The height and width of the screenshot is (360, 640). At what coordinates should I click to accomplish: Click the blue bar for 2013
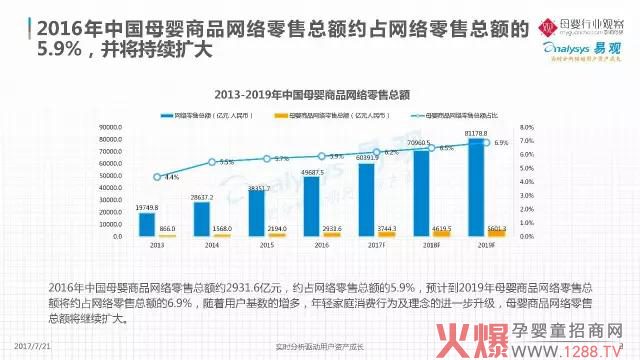147,225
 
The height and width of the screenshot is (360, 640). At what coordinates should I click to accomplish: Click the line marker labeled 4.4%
157,177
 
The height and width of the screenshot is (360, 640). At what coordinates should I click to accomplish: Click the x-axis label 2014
211,244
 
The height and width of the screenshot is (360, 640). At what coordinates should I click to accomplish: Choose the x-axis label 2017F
374,244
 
